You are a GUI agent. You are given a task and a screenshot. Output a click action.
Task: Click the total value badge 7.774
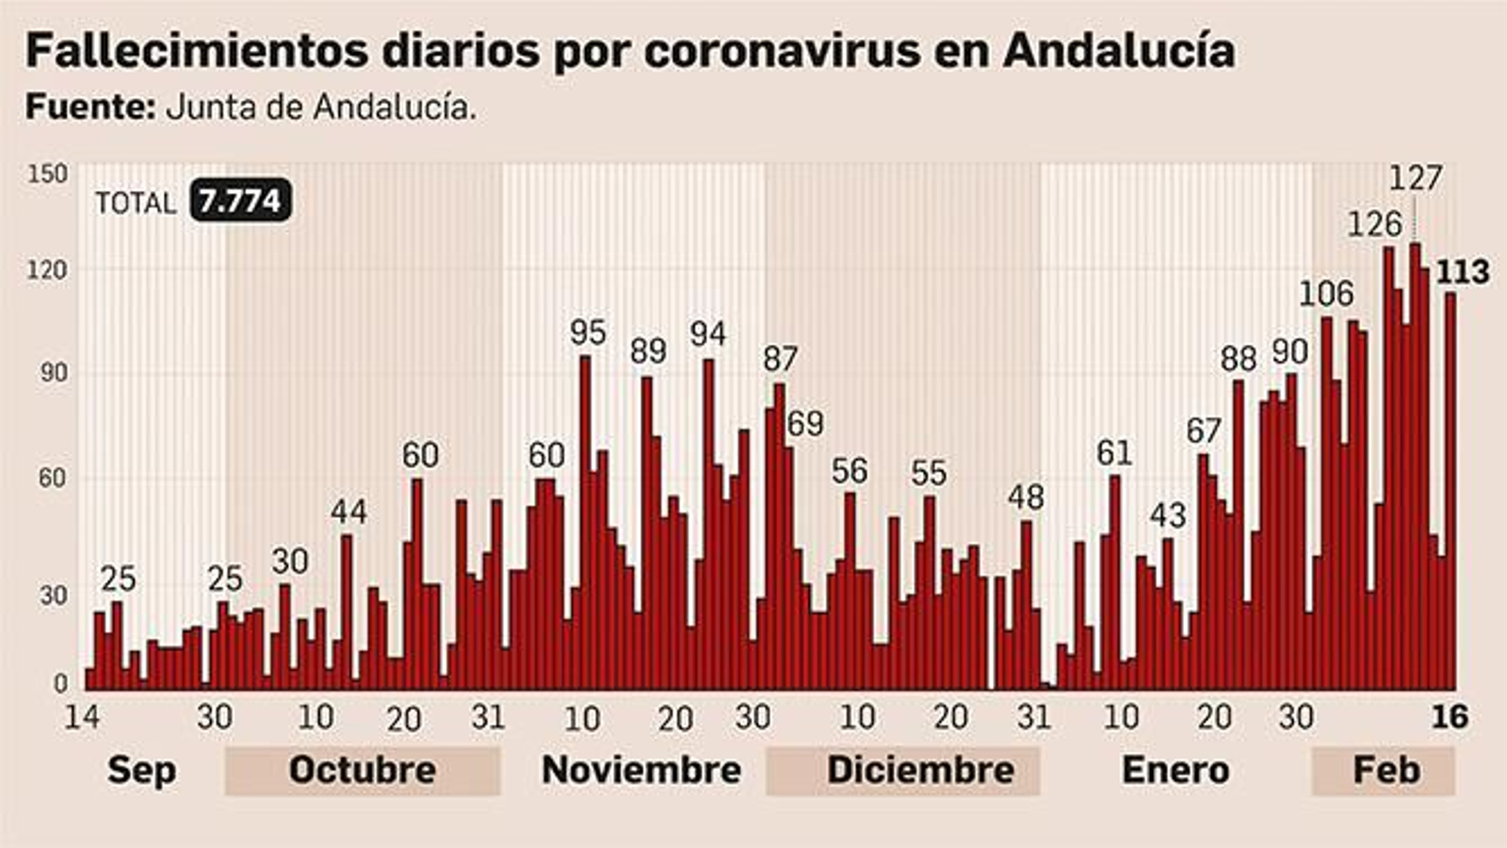click(240, 201)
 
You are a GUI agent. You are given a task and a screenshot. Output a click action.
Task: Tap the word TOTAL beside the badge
click(136, 203)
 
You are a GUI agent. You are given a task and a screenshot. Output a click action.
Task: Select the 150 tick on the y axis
click(47, 174)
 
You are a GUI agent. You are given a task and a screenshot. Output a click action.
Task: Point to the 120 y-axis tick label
click(47, 271)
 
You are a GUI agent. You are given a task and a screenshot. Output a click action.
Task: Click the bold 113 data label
click(1462, 272)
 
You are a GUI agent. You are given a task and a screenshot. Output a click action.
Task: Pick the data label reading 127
click(1416, 177)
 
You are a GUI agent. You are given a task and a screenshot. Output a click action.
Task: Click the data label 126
click(1374, 224)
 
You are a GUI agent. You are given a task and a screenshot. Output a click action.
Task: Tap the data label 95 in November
click(588, 332)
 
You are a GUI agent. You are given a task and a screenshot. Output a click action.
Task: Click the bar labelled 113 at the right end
click(1450, 490)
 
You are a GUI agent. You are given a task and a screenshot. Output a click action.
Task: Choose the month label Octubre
click(362, 770)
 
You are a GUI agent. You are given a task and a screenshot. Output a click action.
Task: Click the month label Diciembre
click(920, 770)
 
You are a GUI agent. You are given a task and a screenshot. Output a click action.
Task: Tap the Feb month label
click(1385, 770)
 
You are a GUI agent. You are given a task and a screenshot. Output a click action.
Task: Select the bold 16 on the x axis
click(1450, 717)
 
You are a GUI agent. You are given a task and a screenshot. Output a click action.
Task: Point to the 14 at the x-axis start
click(82, 717)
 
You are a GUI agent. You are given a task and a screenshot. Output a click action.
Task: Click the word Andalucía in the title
click(1118, 50)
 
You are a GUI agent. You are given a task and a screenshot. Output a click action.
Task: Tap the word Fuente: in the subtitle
click(89, 106)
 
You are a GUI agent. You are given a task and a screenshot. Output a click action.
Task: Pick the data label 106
click(1325, 294)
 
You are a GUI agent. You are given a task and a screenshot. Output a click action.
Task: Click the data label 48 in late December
click(1026, 497)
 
